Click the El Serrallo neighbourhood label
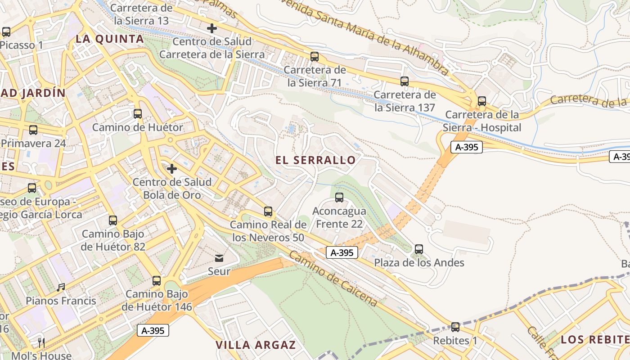coord(315,160)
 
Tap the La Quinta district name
coord(110,39)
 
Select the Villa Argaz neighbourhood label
coord(256,345)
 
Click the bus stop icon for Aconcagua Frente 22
coord(339,198)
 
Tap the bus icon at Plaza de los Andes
coord(419,249)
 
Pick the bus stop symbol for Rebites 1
coord(455,327)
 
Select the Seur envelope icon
coord(219,258)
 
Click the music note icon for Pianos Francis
coord(61,287)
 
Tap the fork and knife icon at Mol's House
coord(41,342)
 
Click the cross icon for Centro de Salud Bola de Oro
coord(172,169)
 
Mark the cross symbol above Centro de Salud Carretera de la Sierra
coord(212,28)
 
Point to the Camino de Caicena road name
coord(333,279)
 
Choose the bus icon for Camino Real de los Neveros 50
coord(268,211)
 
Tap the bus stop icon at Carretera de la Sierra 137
coord(405,81)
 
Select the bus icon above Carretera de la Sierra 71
coord(315,57)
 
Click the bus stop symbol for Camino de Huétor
coord(138,114)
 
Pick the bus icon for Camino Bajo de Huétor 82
coord(113,220)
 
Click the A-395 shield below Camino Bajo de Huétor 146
coord(153,330)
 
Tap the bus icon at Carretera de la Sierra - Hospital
coord(482,101)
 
